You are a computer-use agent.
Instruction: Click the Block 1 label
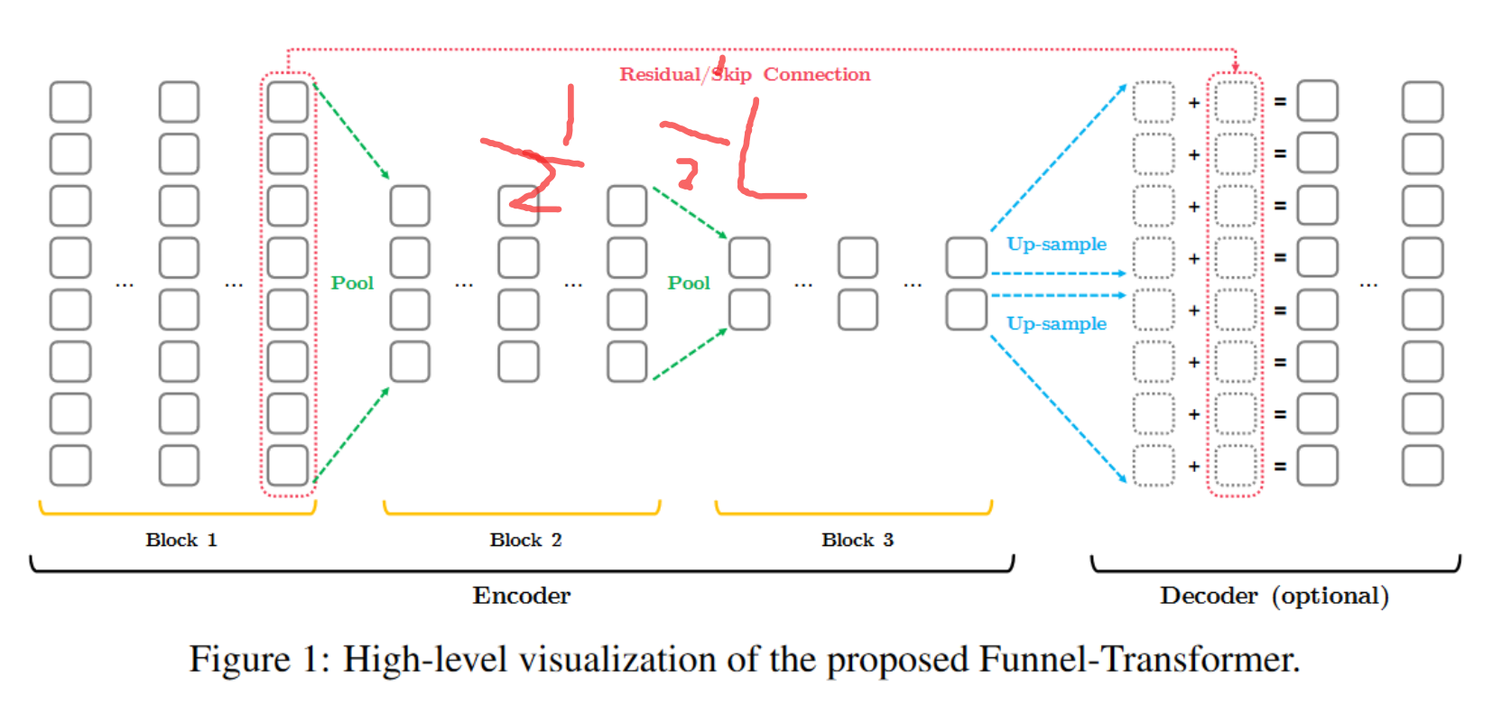[181, 540]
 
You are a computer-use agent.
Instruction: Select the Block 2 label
[525, 540]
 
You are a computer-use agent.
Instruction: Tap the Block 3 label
[858, 540]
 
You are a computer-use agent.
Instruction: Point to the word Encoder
[522, 596]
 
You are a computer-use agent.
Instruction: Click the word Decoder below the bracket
[1209, 596]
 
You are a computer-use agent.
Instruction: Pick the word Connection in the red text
[817, 74]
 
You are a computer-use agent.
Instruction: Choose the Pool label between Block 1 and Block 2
[352, 283]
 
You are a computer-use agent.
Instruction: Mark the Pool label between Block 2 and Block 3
[689, 283]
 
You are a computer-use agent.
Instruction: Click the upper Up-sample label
[1056, 244]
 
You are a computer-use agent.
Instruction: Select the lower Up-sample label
[1056, 323]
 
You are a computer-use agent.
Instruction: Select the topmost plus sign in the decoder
[1194, 103]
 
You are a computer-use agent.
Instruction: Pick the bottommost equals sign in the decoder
[1280, 467]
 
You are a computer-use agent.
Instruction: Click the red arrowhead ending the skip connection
[1235, 69]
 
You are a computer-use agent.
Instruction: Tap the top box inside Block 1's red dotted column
[288, 102]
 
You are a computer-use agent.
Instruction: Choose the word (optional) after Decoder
[1330, 596]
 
